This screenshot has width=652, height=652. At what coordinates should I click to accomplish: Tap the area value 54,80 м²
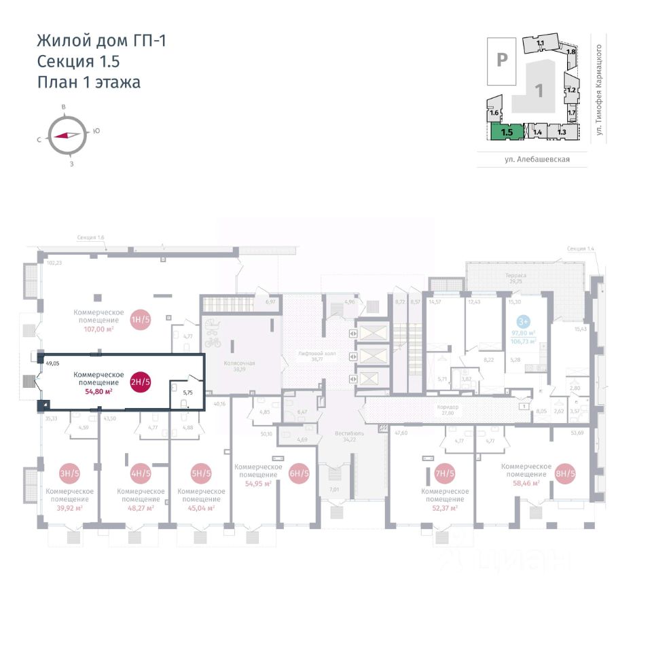[98, 391]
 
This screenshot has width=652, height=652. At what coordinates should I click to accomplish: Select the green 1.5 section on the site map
[507, 131]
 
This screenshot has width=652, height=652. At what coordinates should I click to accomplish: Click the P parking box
[502, 60]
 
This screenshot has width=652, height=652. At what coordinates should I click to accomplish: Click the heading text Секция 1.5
[79, 61]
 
